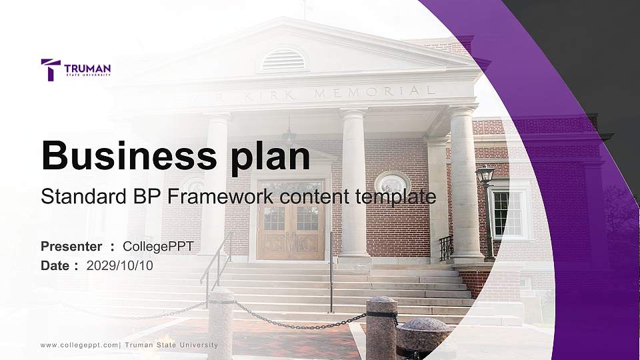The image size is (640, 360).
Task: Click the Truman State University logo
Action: [x=75, y=69]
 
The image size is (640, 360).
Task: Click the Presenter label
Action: [x=71, y=247]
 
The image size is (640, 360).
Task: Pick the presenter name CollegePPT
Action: [x=158, y=247]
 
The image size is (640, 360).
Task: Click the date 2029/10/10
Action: [x=119, y=265]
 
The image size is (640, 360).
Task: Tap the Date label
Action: [x=56, y=265]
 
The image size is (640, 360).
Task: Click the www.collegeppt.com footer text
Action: [x=79, y=345]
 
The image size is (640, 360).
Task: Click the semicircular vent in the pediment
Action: [x=283, y=60]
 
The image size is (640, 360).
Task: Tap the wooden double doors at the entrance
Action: [x=290, y=220]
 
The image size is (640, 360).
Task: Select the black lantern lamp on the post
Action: [x=485, y=175]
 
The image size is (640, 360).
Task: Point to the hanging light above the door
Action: [x=289, y=137]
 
